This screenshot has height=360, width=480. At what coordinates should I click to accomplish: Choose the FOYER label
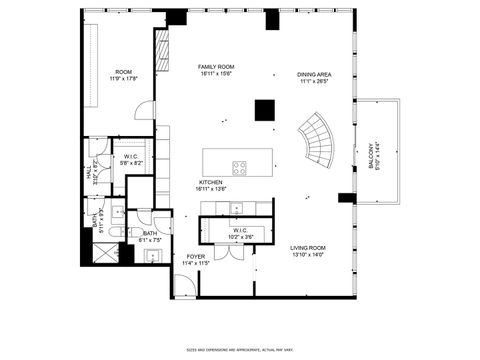point(195,259)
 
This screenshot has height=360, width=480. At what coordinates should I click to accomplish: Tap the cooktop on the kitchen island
point(241,167)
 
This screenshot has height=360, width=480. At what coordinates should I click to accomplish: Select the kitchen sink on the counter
point(236,209)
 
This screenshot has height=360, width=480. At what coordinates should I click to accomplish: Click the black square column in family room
point(265,110)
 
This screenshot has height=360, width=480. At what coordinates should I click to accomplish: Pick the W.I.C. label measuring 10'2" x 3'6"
point(240,234)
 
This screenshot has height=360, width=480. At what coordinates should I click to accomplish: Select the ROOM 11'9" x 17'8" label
point(124,75)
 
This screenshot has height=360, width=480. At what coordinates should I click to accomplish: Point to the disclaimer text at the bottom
point(240,349)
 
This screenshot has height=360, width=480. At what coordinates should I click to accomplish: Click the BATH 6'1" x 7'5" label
point(149,237)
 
